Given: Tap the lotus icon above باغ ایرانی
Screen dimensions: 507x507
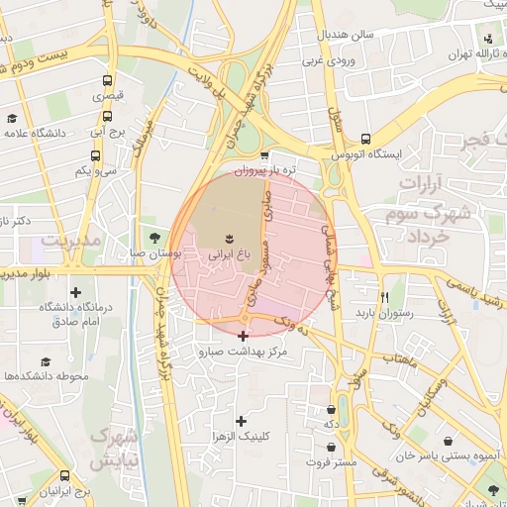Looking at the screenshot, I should tap(231, 238).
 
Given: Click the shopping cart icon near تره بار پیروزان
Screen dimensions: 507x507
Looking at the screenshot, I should tap(263, 155).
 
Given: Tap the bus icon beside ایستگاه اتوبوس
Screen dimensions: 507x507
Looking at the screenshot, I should tap(366, 140).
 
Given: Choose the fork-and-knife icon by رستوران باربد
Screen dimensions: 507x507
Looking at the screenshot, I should tap(384, 297).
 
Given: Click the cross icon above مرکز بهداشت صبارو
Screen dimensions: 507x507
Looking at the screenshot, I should tap(243, 337).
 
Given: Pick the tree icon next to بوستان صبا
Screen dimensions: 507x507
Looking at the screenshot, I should tap(153, 238).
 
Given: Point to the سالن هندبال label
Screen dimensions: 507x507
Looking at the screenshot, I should tap(346, 35).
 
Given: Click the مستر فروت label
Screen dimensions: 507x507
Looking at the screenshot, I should tap(331, 461).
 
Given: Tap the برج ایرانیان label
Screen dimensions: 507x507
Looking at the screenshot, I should tap(65, 491).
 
